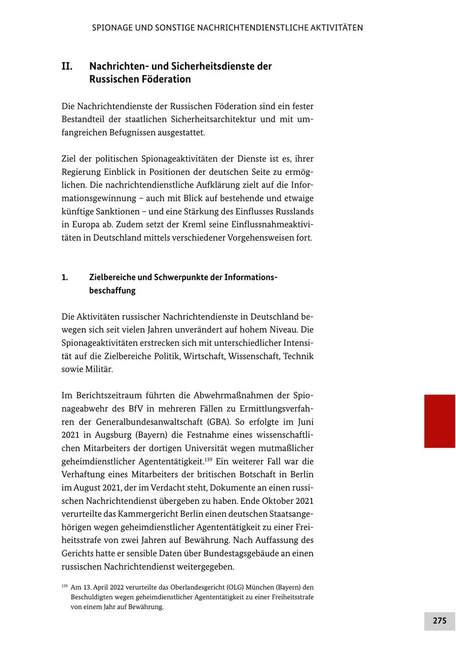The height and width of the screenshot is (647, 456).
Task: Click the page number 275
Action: pyautogui.click(x=439, y=621)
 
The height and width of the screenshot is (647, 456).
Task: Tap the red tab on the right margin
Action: pyautogui.click(x=439, y=421)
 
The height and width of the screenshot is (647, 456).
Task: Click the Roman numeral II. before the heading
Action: pyautogui.click(x=67, y=66)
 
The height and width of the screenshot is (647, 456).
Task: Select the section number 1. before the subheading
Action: pyautogui.click(x=65, y=277)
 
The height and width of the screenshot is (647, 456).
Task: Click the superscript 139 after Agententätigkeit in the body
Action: pyautogui.click(x=208, y=459)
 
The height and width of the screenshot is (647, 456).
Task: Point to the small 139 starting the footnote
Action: pyautogui.click(x=64, y=586)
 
